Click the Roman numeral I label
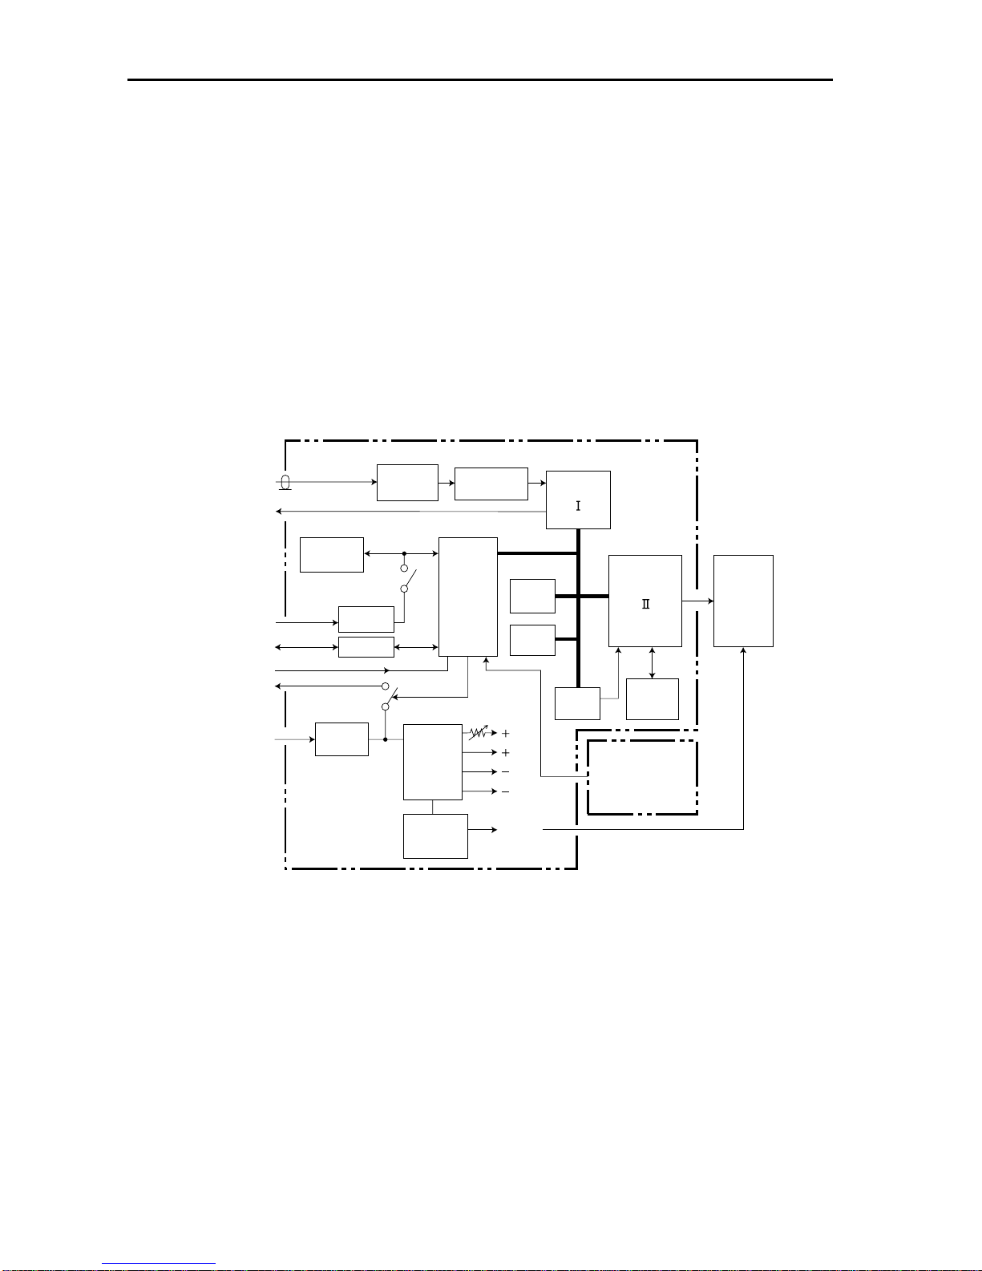pos(578,506)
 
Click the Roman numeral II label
pos(645,604)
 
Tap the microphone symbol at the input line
pos(285,483)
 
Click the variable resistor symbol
pos(479,732)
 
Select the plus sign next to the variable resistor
pos(506,733)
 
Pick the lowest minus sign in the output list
pos(506,792)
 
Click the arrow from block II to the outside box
pos(698,601)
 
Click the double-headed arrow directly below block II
pos(653,662)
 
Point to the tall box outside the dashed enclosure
pos(744,601)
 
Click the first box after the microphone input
pos(407,483)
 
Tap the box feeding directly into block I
pos(491,484)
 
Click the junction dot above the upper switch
pos(404,553)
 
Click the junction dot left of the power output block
pos(386,739)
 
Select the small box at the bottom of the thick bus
pos(577,703)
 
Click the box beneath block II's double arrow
pos(653,699)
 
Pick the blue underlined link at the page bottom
pos(159,1264)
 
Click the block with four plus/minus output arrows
pos(433,762)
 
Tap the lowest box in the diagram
pos(435,836)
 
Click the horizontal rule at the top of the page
pos(480,79)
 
